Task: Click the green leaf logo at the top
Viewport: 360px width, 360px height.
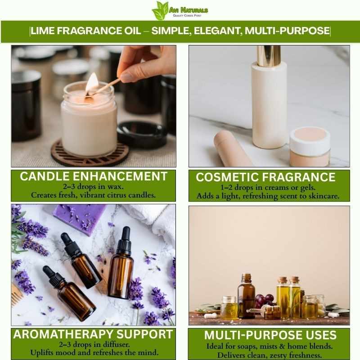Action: click(160, 10)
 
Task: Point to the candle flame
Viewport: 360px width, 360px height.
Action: click(92, 83)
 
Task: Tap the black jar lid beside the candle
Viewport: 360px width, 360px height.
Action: click(142, 134)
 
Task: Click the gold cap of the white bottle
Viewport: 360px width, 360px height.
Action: click(268, 55)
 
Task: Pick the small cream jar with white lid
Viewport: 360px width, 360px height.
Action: click(310, 147)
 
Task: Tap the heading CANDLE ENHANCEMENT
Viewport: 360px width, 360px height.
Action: click(94, 176)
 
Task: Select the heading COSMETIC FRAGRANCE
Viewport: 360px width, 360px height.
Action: click(265, 177)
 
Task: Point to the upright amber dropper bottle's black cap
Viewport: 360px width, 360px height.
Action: click(124, 240)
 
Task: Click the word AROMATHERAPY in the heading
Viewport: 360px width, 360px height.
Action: click(63, 334)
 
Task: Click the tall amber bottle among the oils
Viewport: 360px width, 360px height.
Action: click(246, 296)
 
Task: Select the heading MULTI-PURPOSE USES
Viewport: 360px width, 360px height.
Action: click(270, 335)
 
